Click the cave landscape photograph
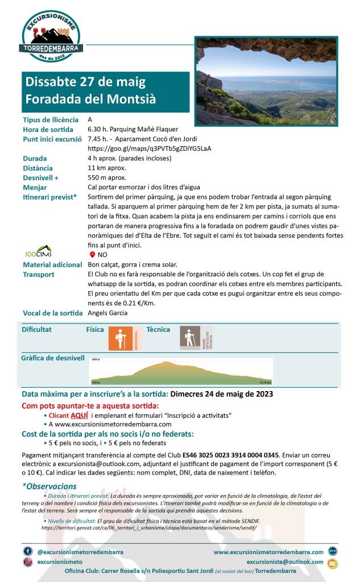tap(266, 81)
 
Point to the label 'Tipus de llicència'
tap(51, 120)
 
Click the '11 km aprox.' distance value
tap(107, 168)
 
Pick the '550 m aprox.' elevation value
tap(107, 178)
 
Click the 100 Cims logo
tap(39, 250)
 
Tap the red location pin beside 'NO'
tap(92, 255)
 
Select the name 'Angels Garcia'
tap(107, 313)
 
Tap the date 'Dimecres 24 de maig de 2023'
tap(221, 394)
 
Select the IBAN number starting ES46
tap(230, 455)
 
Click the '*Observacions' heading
tap(49, 487)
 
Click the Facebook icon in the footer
tap(28, 551)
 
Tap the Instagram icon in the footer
tap(28, 562)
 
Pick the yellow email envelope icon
tap(333, 563)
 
